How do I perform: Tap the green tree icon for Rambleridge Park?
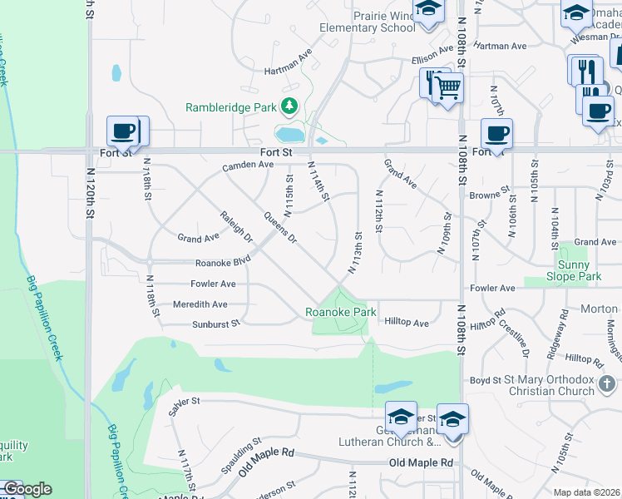(x=289, y=106)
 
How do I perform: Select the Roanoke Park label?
(x=340, y=312)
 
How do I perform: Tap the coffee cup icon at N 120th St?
(x=123, y=131)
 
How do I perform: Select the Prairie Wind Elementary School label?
(x=368, y=22)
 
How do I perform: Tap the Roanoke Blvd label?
(x=222, y=261)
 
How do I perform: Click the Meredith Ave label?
(x=200, y=304)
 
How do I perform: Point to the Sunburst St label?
(x=215, y=324)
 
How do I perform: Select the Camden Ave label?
(x=248, y=166)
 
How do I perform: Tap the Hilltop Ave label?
(x=407, y=323)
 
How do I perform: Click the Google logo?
(x=27, y=489)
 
